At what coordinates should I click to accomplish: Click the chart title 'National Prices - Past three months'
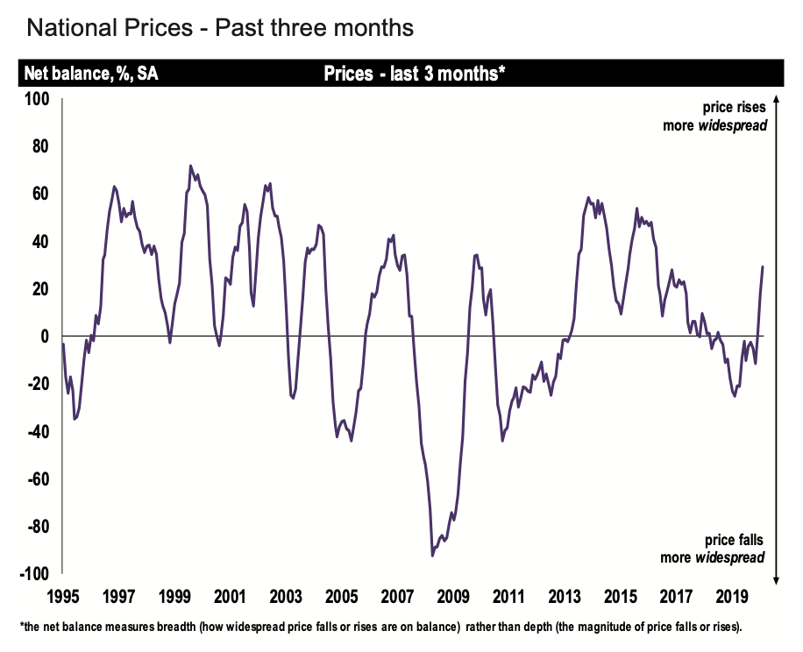(x=220, y=29)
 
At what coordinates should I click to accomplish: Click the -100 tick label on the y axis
(x=36, y=574)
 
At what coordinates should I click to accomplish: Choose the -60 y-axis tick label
(x=39, y=479)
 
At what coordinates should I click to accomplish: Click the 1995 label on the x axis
(x=63, y=597)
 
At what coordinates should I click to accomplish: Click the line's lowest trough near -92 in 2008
(x=432, y=555)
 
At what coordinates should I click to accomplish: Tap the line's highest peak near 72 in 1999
(x=190, y=166)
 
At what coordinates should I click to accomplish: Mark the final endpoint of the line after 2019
(x=763, y=266)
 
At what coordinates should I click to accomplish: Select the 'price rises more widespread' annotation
(x=714, y=116)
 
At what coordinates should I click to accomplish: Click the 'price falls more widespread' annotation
(x=714, y=549)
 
